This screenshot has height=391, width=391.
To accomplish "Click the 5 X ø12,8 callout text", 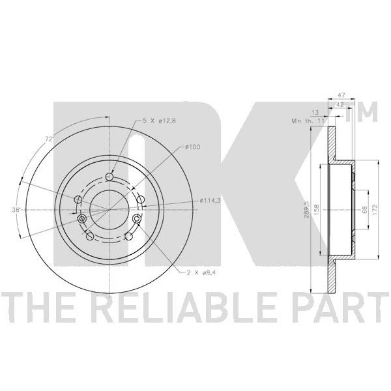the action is pyautogui.click(x=159, y=121).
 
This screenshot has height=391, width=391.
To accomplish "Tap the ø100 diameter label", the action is pyautogui.click(x=193, y=147).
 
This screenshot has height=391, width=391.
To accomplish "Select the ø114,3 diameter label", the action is pyautogui.click(x=210, y=200).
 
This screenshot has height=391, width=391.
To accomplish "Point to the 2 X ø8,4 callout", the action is pyautogui.click(x=201, y=273).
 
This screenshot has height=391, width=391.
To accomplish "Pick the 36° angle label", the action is pyautogui.click(x=16, y=210).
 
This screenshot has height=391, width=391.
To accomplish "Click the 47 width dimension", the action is pyautogui.click(x=341, y=95).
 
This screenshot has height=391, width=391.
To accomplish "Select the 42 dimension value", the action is pyautogui.click(x=340, y=104).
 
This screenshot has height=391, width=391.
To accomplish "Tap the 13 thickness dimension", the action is pyautogui.click(x=315, y=113).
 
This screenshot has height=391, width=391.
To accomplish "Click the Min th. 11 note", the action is pyautogui.click(x=308, y=121).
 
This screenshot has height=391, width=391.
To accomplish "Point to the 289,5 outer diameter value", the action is pyautogui.click(x=306, y=210).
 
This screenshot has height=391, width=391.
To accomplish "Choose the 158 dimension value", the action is pyautogui.click(x=317, y=209).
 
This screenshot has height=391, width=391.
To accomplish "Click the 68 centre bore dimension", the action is pyautogui.click(x=364, y=209).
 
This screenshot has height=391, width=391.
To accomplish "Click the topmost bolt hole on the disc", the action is pyautogui.click(x=109, y=177).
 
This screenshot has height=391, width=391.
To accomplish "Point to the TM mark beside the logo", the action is pyautogui.click(x=362, y=112).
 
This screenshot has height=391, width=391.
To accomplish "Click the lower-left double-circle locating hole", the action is pyautogui.click(x=81, y=219).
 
